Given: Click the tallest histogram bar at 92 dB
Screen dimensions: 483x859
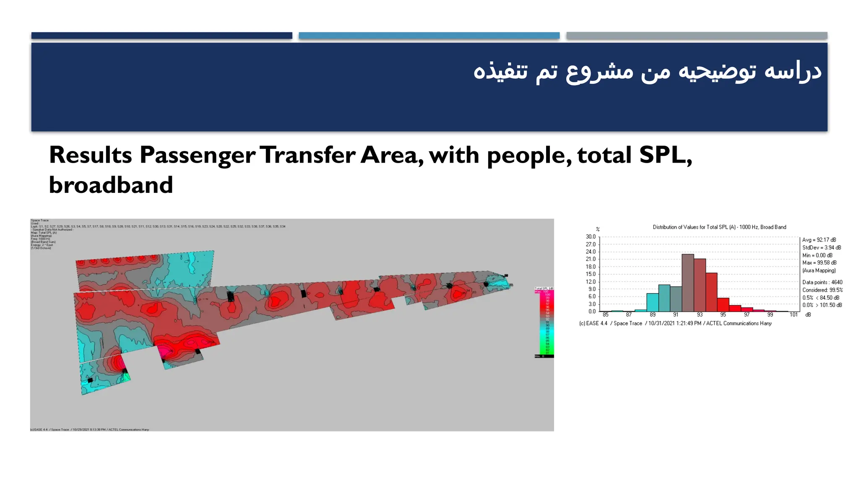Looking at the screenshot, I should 687,283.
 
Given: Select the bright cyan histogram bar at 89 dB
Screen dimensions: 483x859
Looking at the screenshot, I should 652,302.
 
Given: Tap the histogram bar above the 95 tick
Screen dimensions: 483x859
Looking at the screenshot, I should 723,304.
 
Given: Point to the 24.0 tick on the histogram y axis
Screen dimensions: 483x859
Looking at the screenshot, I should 591,252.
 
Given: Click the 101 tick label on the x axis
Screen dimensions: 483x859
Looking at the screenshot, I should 794,315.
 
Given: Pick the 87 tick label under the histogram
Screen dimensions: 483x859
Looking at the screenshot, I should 629,315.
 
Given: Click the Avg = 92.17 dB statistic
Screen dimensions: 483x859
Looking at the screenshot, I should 819,240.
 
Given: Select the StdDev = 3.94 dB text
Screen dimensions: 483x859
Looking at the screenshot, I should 821,248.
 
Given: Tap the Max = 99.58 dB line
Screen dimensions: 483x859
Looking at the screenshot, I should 819,263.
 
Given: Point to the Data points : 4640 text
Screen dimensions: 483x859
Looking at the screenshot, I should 822,283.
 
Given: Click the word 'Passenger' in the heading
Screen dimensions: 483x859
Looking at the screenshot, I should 197,155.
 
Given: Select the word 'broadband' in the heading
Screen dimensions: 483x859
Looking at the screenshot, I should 111,185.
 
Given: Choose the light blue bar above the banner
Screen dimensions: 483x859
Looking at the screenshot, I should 429,36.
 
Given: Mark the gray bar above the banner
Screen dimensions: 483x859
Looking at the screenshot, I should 696,36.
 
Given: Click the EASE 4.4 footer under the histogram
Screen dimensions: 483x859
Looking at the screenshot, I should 675,324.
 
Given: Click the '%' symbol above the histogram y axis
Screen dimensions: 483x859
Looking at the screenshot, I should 598,229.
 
